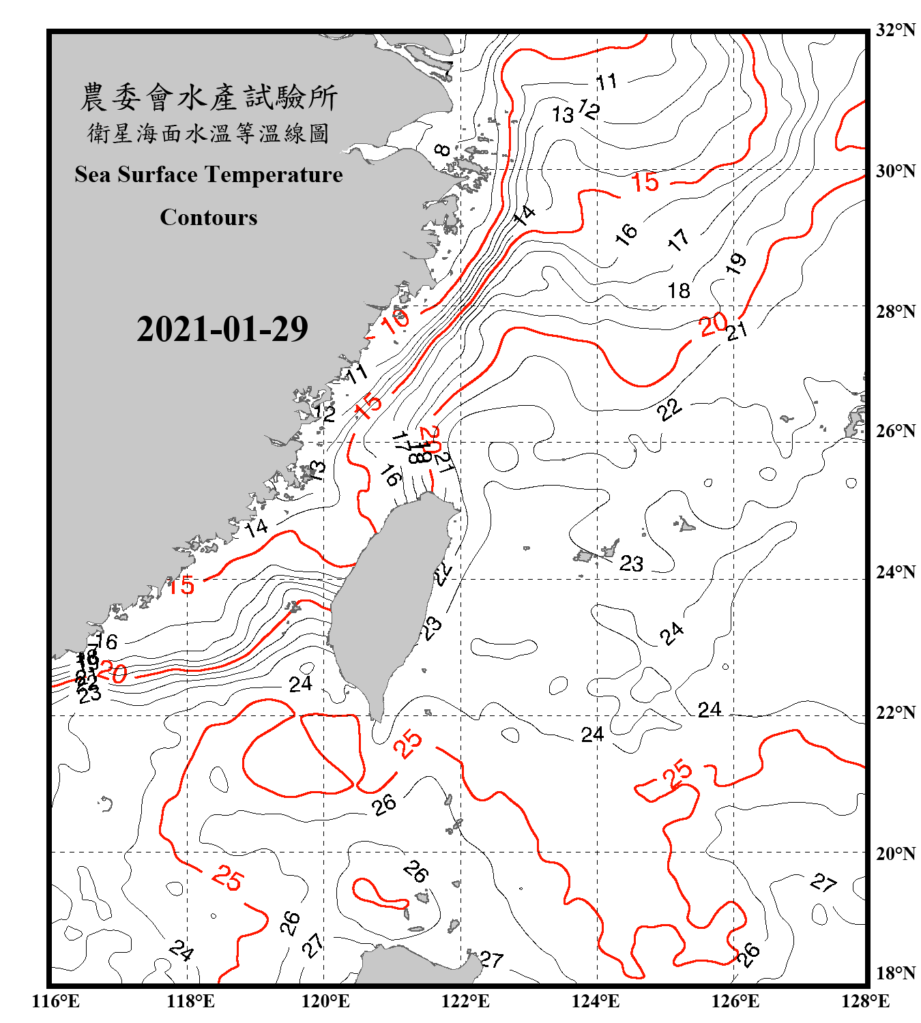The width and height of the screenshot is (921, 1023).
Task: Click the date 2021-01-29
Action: pyautogui.click(x=222, y=329)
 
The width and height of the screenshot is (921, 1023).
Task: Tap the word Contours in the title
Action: pyautogui.click(x=208, y=218)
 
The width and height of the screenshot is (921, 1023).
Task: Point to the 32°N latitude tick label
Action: pyautogui.click(x=895, y=30)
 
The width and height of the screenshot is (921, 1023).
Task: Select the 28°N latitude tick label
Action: pyautogui.click(x=895, y=312)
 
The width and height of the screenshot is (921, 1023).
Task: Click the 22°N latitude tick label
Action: pyautogui.click(x=895, y=713)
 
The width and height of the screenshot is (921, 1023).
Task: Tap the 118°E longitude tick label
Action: pyautogui.click(x=190, y=1001)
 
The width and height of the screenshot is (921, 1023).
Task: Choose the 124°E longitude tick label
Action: pyautogui.click(x=596, y=1001)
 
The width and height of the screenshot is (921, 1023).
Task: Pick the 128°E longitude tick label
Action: pyautogui.click(x=865, y=1001)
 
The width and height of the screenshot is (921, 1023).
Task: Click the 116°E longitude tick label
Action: pyautogui.click(x=56, y=1001)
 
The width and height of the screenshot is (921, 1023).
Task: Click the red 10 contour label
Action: pyautogui.click(x=395, y=320)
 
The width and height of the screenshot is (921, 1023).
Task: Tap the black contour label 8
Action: pyautogui.click(x=442, y=149)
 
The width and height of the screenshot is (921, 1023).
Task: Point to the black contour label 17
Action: pyautogui.click(x=678, y=239)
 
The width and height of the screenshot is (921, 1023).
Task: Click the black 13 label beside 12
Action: pyautogui.click(x=563, y=115)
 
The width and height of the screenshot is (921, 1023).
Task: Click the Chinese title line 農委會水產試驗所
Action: pyautogui.click(x=208, y=98)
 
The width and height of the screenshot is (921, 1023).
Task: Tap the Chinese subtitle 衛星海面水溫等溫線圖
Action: pyautogui.click(x=208, y=134)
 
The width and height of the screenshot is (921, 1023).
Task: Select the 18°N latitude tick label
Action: pyautogui.click(x=895, y=973)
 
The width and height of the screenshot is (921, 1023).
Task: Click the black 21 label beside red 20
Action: pyautogui.click(x=737, y=331)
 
